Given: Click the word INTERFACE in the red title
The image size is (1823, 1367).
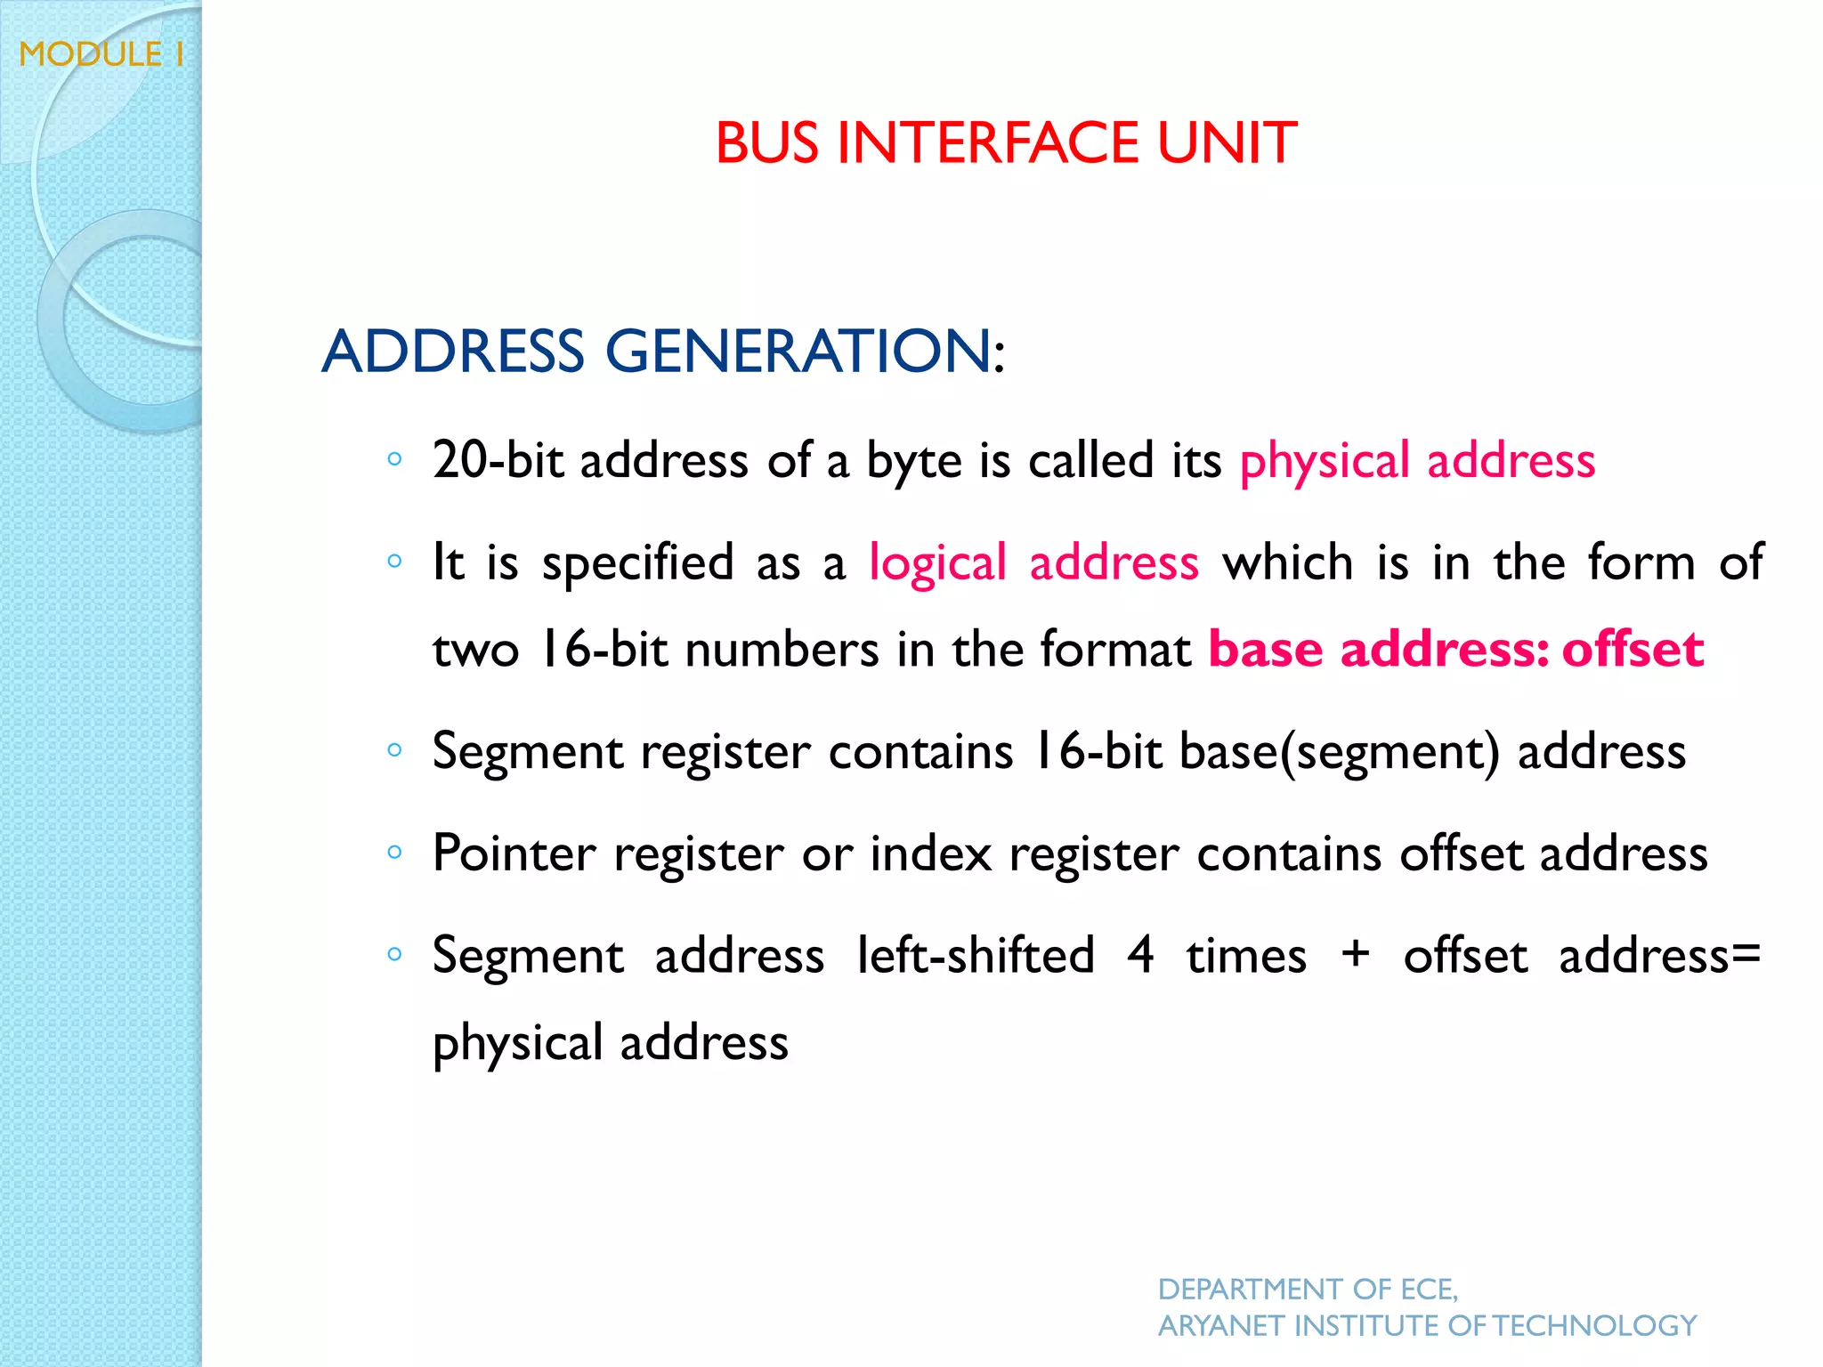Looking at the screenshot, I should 987,143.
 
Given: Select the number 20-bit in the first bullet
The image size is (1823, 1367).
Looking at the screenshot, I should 498,460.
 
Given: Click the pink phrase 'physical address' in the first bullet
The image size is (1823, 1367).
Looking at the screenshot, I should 1417,460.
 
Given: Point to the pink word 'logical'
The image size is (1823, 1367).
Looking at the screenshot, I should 937,562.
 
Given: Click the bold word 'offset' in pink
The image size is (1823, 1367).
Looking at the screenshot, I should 1633,649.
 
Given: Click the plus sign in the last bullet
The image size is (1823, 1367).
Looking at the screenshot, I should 1355,954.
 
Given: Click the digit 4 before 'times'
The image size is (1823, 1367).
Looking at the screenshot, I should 1141,954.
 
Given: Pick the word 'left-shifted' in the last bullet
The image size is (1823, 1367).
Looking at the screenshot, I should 976,955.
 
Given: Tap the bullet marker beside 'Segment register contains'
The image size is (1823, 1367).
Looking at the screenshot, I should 395,750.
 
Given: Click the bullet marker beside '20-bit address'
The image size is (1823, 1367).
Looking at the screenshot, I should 395,460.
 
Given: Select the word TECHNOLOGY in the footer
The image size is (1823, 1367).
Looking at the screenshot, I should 1594,1326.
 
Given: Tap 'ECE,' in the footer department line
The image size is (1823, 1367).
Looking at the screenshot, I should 1429,1289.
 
